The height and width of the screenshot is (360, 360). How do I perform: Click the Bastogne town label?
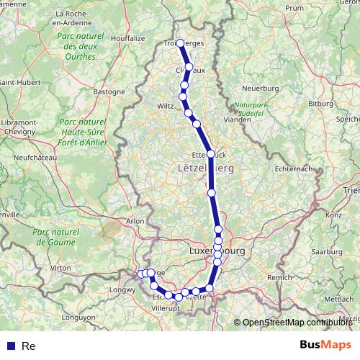pyautogui.click(x=110, y=91)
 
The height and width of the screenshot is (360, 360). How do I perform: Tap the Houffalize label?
pyautogui.click(x=127, y=38)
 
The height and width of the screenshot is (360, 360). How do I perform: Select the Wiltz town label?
pyautogui.click(x=165, y=106)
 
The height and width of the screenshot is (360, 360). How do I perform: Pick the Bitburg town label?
pyautogui.click(x=321, y=104)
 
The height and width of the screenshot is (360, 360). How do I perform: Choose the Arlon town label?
pyautogui.click(x=135, y=221)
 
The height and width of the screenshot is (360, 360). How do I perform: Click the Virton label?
pyautogui.click(x=61, y=267)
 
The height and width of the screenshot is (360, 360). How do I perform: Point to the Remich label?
pyautogui.click(x=279, y=277)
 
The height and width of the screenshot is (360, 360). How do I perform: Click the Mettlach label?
pyautogui.click(x=339, y=298)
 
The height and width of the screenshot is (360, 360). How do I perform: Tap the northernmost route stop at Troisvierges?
pyautogui.click(x=180, y=43)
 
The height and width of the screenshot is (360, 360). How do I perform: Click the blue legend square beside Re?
pyautogui.click(x=9, y=346)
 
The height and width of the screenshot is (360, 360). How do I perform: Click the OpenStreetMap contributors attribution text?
pyautogui.click(x=297, y=323)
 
